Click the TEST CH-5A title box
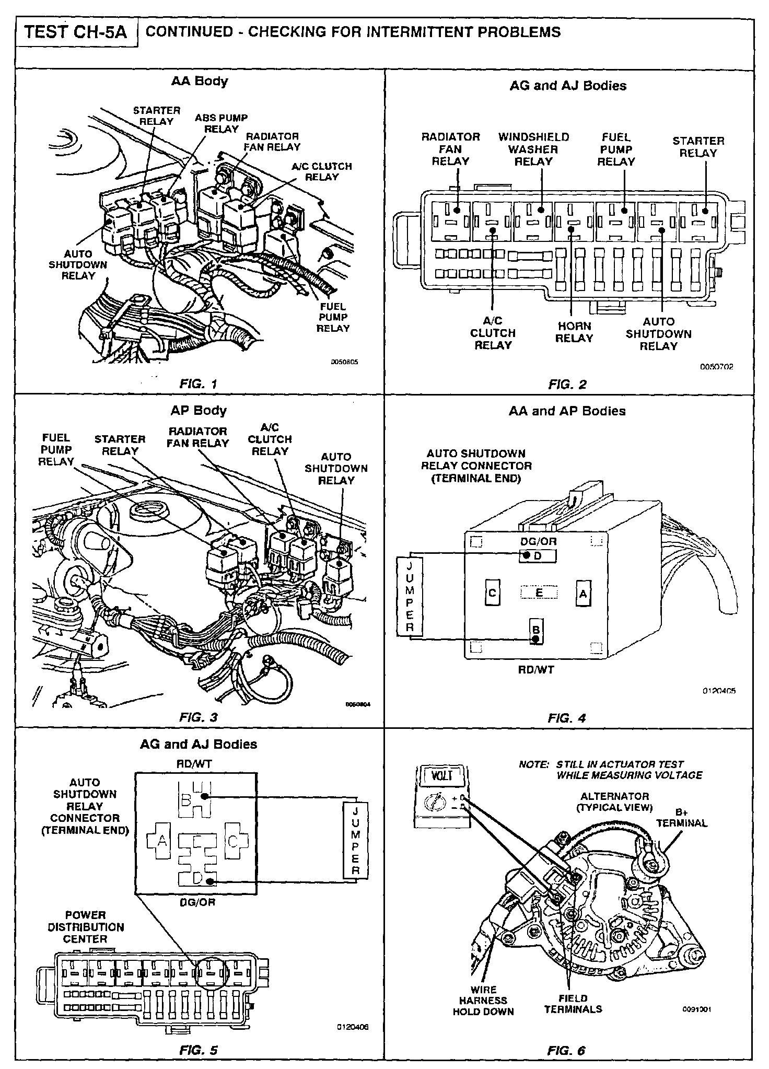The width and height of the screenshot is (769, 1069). click(x=76, y=32)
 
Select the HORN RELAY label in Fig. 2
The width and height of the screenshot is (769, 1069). click(x=574, y=332)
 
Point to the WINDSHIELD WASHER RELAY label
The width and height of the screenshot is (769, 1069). click(x=533, y=149)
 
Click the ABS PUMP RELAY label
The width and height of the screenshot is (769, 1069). click(x=221, y=123)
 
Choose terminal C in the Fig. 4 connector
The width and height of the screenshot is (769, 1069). click(x=492, y=593)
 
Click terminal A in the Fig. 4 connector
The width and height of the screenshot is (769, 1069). click(x=584, y=594)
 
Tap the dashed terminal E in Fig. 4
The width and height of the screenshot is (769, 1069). click(x=539, y=592)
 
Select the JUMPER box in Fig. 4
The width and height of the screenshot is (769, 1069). click(x=409, y=596)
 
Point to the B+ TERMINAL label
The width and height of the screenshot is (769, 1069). click(x=681, y=818)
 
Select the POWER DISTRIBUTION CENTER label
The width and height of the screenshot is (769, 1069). click(x=86, y=926)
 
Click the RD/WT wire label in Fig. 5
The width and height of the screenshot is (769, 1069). click(x=195, y=764)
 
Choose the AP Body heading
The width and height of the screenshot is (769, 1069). click(x=199, y=410)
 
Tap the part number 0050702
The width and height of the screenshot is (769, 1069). click(x=716, y=367)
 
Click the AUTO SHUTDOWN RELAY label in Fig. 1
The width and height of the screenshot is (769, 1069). click(x=78, y=265)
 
